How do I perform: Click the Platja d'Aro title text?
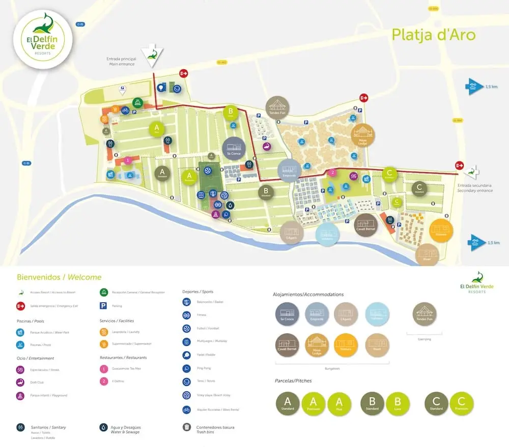(x=433, y=35)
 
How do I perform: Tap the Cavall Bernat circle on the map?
(x=365, y=225)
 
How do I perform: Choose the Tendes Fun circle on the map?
(x=277, y=107)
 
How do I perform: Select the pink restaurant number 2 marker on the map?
(x=332, y=173)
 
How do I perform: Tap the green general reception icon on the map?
(x=137, y=103)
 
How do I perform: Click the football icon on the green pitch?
(x=208, y=171)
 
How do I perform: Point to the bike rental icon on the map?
(x=125, y=110)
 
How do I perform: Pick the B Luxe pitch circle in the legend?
(x=398, y=404)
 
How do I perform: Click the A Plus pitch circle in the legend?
(x=339, y=404)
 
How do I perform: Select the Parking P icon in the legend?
(x=103, y=306)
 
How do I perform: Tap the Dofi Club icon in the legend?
(x=20, y=382)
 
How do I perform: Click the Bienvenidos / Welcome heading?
(x=59, y=277)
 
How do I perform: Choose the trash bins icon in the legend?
(x=187, y=427)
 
